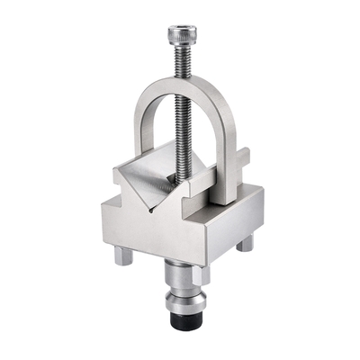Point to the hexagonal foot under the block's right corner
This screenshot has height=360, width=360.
coord(245,242)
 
